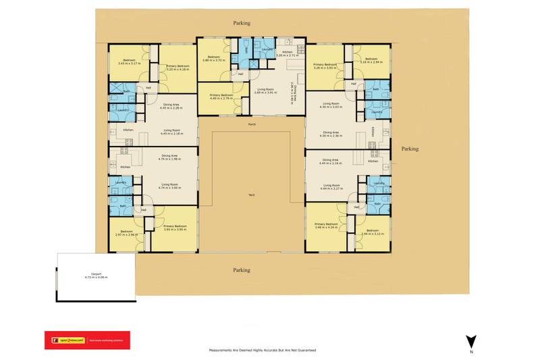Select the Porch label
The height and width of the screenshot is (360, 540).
252,124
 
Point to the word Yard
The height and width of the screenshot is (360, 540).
251,195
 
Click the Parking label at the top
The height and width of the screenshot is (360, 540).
242,22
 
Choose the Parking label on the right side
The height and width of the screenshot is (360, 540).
410,149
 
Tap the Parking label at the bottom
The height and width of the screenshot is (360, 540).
242,269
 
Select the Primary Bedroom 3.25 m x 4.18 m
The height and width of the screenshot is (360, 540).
178,67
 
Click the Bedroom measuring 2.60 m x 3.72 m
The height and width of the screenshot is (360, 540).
213,59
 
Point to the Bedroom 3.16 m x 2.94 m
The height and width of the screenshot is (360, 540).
371,60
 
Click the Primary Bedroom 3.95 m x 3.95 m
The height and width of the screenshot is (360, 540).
174,228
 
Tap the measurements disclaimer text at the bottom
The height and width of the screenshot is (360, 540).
263,351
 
